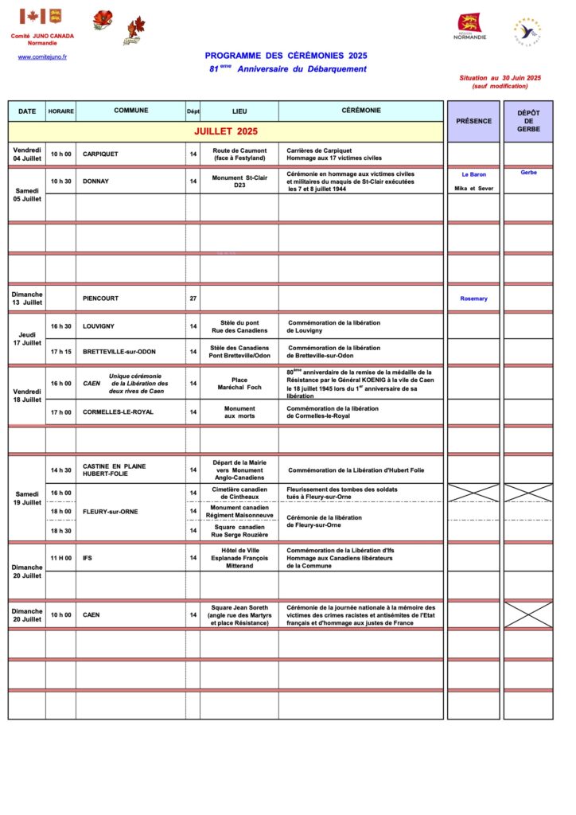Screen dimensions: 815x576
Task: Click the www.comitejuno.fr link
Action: click(x=42, y=57)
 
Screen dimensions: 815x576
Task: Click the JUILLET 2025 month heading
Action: click(x=226, y=131)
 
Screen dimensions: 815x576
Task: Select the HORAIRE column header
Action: click(x=60, y=111)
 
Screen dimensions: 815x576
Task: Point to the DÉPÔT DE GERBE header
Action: click(x=528, y=122)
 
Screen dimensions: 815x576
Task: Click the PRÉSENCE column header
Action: click(x=473, y=121)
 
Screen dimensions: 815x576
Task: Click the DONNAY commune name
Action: click(x=95, y=181)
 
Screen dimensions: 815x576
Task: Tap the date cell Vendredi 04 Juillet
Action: click(x=27, y=154)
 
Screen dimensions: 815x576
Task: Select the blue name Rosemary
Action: click(x=473, y=298)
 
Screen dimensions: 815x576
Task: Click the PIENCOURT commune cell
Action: click(x=100, y=298)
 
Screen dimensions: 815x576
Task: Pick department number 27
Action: click(x=193, y=298)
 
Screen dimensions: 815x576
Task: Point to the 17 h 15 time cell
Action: click(x=60, y=352)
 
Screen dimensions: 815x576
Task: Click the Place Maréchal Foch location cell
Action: click(x=239, y=384)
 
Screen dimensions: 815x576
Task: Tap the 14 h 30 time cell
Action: click(x=60, y=470)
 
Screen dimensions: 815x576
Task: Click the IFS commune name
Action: click(x=88, y=558)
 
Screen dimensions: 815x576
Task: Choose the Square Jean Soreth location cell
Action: click(x=239, y=614)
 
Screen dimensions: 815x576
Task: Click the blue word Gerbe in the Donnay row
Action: click(x=528, y=173)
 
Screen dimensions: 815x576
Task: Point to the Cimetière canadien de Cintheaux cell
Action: click(x=239, y=493)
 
